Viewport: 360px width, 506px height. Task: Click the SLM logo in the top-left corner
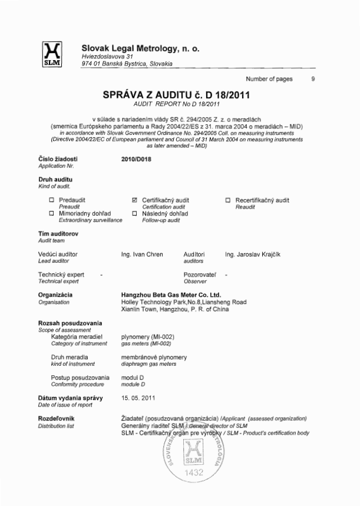pyautogui.click(x=47, y=55)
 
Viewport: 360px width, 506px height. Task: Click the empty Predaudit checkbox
pyautogui.click(x=52, y=200)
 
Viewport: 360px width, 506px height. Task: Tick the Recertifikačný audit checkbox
pyautogui.click(x=229, y=200)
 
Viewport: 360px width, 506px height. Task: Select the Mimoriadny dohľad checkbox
pyautogui.click(x=52, y=213)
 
